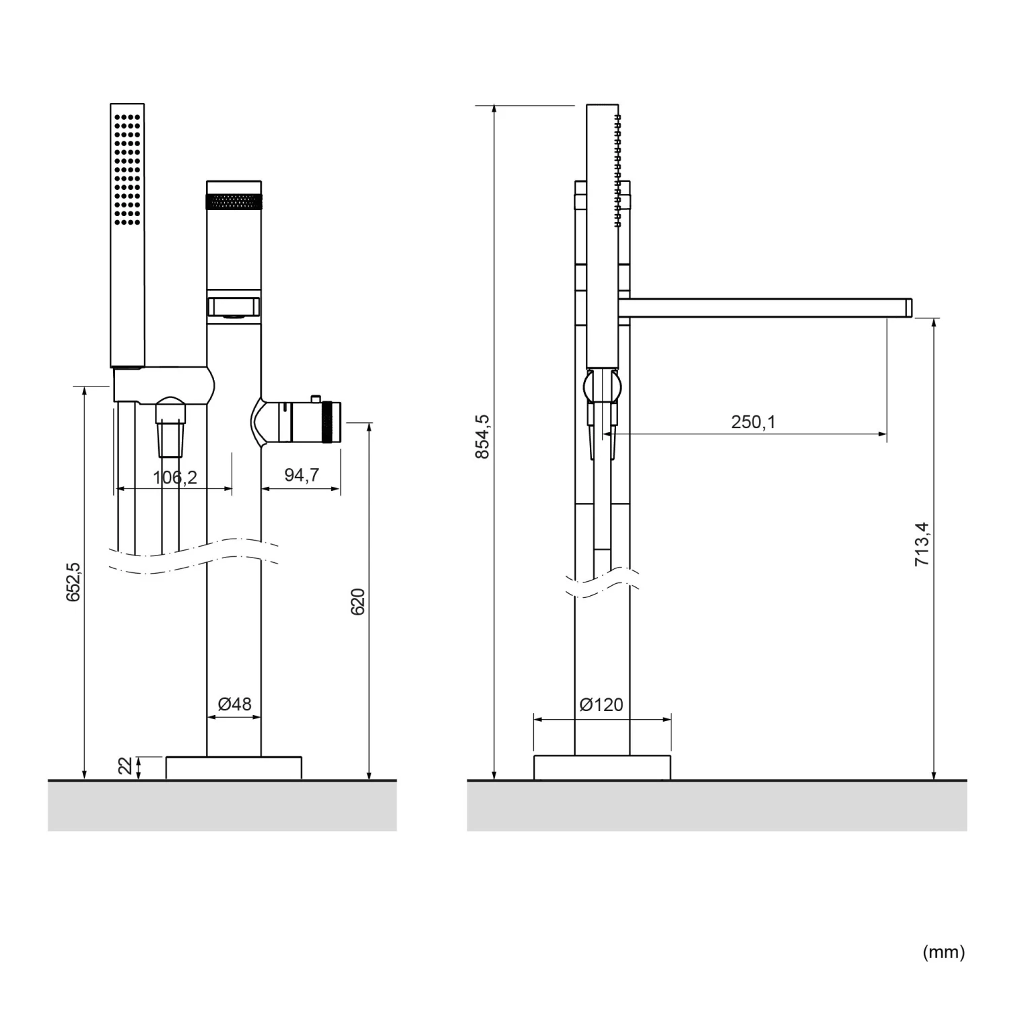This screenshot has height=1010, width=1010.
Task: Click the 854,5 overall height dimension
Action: pyautogui.click(x=482, y=436)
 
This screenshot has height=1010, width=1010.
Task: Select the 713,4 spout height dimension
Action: pyautogui.click(x=922, y=543)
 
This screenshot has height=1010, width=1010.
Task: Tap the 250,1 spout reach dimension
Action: pyautogui.click(x=753, y=422)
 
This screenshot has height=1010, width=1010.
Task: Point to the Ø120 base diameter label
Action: pyautogui.click(x=601, y=704)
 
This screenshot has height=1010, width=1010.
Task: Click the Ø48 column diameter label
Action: pyautogui.click(x=234, y=704)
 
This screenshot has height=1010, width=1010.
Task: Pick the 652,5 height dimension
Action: pyautogui.click(x=73, y=582)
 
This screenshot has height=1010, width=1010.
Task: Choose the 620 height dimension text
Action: pyautogui.click(x=358, y=601)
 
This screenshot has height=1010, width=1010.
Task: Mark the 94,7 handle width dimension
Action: pyautogui.click(x=301, y=475)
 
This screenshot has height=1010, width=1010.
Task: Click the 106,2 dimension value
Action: pyautogui.click(x=175, y=477)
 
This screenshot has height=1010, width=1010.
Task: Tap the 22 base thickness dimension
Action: pyautogui.click(x=125, y=766)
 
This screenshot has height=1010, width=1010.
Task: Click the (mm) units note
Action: pyautogui.click(x=943, y=951)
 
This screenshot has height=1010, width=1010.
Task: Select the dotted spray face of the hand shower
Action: pyautogui.click(x=127, y=168)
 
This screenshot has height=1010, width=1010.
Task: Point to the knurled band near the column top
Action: pyautogui.click(x=234, y=201)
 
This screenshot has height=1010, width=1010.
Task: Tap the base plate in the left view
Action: pyautogui.click(x=234, y=768)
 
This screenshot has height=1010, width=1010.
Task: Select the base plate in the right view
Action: pyautogui.click(x=602, y=768)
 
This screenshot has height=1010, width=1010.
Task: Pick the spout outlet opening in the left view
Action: pyautogui.click(x=234, y=307)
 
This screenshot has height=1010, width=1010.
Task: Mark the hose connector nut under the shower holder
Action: pyautogui.click(x=170, y=411)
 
